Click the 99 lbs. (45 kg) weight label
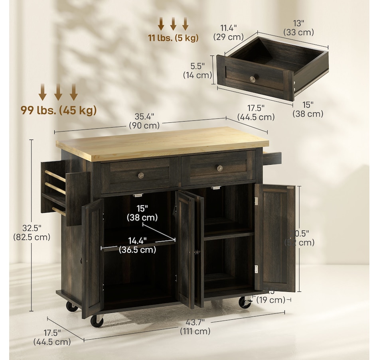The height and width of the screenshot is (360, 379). coord(59,110)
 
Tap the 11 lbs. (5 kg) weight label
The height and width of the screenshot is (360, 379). coord(173,38)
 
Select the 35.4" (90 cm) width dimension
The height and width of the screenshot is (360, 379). coord(144,121)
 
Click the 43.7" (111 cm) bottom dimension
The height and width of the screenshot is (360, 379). coord(195,326)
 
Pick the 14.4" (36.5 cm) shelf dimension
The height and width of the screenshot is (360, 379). coord(137,245)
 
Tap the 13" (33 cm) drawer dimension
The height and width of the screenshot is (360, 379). coord(298,28)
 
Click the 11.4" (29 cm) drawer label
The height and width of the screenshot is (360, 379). coord(228,32)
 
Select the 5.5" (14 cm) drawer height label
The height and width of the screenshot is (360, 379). coord(197,70)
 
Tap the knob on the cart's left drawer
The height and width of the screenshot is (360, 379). coord(140,175)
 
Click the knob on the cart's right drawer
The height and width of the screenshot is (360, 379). coord(219,168)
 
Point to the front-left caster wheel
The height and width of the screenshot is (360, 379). coord(97,320)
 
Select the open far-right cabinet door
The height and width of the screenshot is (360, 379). coord(275,238)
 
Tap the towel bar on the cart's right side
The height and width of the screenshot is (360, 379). coord(272,158)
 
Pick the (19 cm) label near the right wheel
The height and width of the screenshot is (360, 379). coord(271,300)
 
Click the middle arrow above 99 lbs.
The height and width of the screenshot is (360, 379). coord(58,92)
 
